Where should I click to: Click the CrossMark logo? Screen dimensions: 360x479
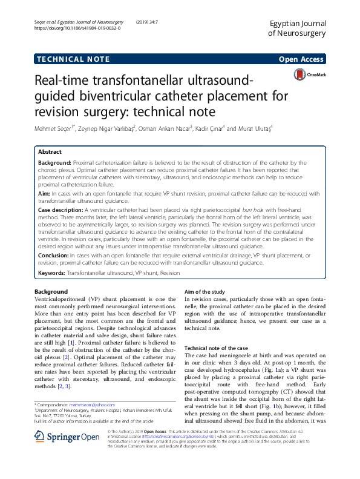[x=309, y=75]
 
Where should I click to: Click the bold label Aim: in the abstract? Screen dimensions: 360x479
[x=45, y=193]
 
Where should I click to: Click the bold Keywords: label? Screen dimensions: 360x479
[x=52, y=273]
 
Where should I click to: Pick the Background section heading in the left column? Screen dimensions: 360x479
[x=51, y=292]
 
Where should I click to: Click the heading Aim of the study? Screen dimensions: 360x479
[x=208, y=292]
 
